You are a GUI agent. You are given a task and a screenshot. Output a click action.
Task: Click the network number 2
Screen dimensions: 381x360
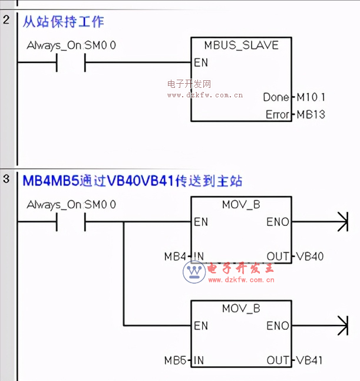(x=6, y=20)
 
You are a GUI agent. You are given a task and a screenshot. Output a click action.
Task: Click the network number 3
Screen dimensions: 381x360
(x=6, y=179)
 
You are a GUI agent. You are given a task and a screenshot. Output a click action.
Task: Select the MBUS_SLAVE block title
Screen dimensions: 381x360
(x=241, y=45)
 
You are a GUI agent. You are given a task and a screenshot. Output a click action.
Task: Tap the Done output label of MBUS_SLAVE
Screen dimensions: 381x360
(x=276, y=97)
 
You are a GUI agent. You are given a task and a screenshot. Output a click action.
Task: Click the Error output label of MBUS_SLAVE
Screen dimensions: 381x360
(x=278, y=114)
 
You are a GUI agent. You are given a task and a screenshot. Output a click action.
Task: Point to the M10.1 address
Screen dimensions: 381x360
(x=311, y=97)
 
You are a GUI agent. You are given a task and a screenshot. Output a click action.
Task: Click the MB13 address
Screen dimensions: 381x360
(x=311, y=114)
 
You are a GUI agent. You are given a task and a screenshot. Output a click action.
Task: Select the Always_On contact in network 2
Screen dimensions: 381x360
(x=71, y=62)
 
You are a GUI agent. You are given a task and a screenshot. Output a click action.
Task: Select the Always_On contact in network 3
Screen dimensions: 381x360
(x=71, y=222)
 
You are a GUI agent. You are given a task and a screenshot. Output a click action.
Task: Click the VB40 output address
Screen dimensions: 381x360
(x=310, y=257)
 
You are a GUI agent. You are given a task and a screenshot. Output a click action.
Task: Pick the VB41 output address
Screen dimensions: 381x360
(x=310, y=360)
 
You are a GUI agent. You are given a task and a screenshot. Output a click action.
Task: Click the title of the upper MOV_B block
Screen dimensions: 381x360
(x=241, y=205)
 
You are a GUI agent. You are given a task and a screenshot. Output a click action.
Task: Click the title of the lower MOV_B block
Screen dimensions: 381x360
(x=241, y=308)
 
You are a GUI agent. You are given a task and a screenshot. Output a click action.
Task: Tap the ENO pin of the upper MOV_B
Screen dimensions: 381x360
(x=278, y=222)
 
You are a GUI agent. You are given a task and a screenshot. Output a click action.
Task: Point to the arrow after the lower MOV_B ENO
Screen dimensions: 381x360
(x=341, y=326)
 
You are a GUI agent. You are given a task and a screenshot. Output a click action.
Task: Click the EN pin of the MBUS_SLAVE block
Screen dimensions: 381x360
(x=200, y=62)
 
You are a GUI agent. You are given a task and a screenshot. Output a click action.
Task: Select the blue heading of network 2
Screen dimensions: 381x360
(x=63, y=22)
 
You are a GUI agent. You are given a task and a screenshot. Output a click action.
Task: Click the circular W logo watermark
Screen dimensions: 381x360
(x=193, y=271)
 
